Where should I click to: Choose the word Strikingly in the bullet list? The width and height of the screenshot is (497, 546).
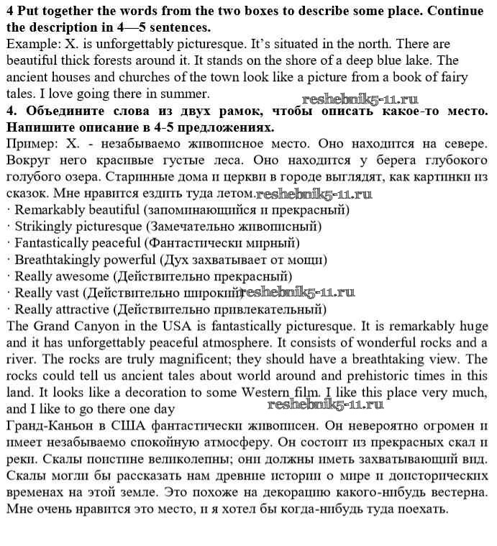click(x=45, y=227)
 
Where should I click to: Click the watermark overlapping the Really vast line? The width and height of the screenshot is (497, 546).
click(x=297, y=292)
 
